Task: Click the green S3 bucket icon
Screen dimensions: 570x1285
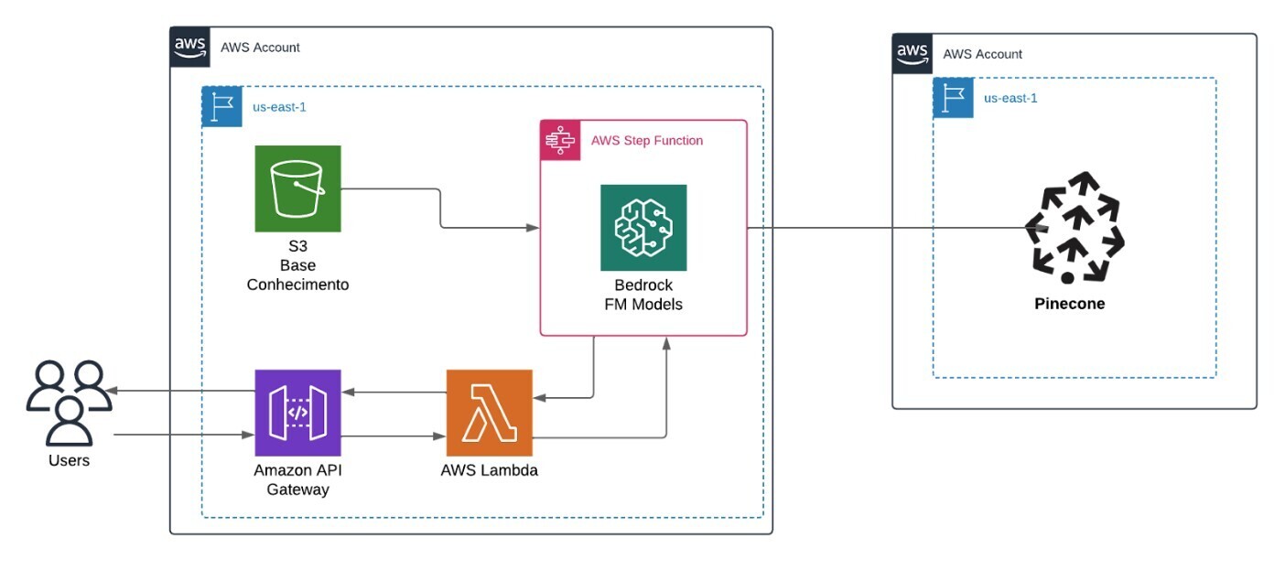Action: pyautogui.click(x=297, y=188)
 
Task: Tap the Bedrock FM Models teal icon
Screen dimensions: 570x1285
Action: pyautogui.click(x=643, y=228)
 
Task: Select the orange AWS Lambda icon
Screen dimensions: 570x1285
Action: pyautogui.click(x=489, y=413)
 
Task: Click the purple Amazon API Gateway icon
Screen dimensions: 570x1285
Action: pyautogui.click(x=297, y=413)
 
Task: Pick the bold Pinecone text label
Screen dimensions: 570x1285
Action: pyautogui.click(x=1070, y=304)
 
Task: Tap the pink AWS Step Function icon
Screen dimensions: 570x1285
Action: pyautogui.click(x=557, y=140)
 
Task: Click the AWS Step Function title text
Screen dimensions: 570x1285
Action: pyautogui.click(x=646, y=141)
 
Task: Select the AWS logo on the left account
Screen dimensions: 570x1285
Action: pyautogui.click(x=190, y=47)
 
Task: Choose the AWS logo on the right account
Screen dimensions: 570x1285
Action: pyautogui.click(x=912, y=54)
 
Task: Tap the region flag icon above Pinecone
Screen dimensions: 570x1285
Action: pyautogui.click(x=953, y=98)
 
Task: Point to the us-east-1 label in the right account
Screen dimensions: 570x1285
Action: pyautogui.click(x=1010, y=98)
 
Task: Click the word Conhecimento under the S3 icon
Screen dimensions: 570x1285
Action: pyautogui.click(x=297, y=285)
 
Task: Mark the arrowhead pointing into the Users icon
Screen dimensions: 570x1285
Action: pyautogui.click(x=109, y=392)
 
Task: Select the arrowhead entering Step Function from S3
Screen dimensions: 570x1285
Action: pyautogui.click(x=533, y=228)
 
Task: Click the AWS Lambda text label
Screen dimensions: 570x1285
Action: pyautogui.click(x=489, y=471)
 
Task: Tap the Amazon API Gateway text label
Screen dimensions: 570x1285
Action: pyautogui.click(x=297, y=480)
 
